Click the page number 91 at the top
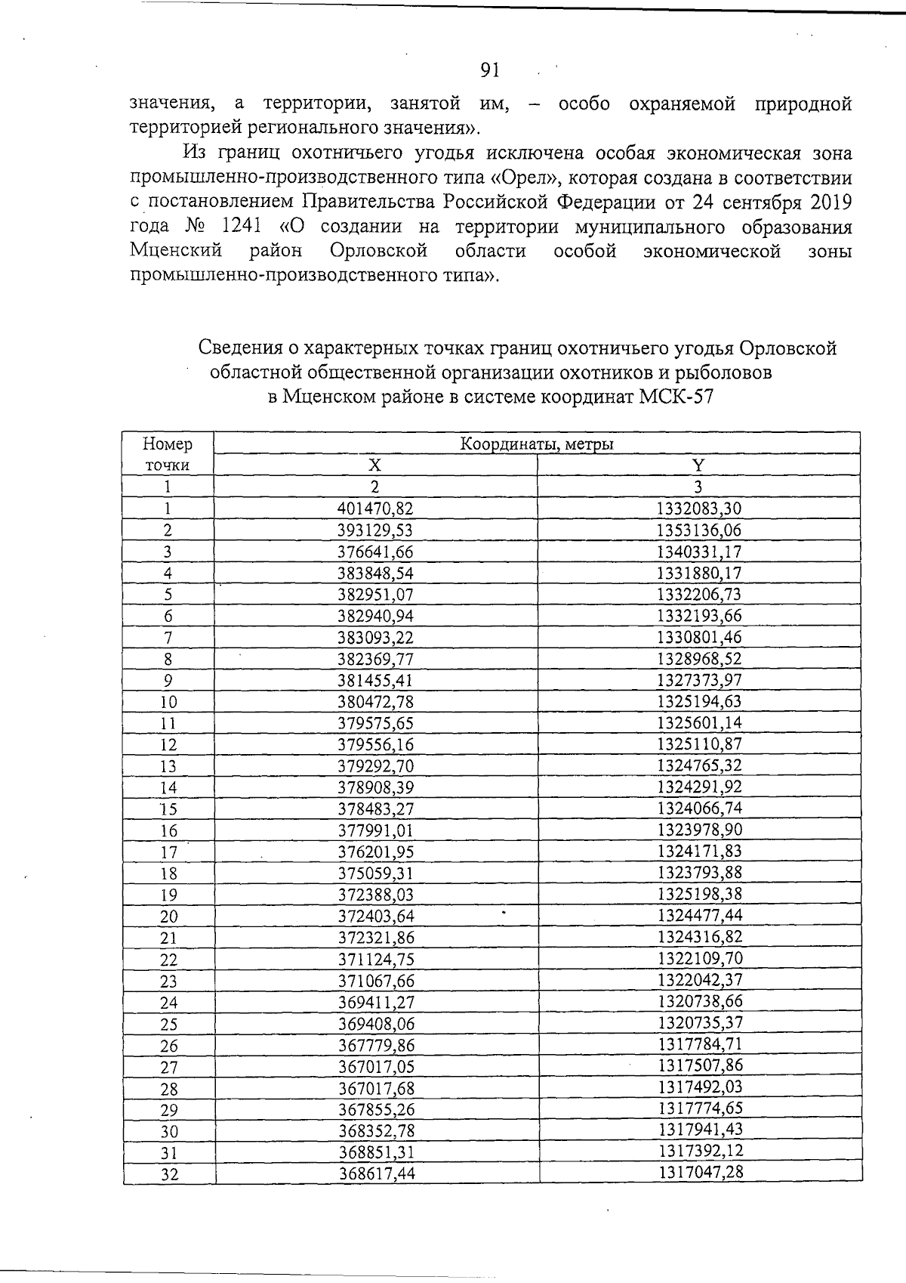[490, 71]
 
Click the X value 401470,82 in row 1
[375, 509]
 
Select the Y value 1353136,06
[699, 530]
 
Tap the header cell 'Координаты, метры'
[537, 444]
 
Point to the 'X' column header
[375, 465]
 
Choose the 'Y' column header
[699, 465]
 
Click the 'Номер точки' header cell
[168, 454]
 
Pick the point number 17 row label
[168, 852]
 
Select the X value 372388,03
[375, 895]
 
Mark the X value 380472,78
[375, 701]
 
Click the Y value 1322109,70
[700, 958]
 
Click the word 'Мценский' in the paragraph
[175, 251]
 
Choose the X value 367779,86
[375, 1045]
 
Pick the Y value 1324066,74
[700, 808]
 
